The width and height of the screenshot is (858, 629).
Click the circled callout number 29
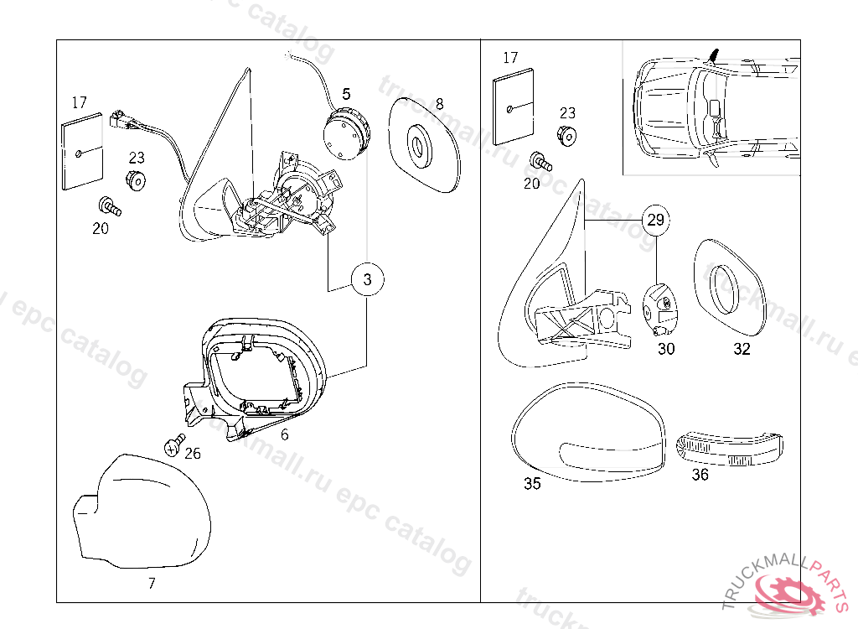tap(656, 220)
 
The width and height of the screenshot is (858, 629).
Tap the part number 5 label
tap(346, 94)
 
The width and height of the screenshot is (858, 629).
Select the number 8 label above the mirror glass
tap(439, 104)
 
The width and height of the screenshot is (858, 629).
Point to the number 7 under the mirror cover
tap(151, 582)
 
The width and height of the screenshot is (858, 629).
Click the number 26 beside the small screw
tap(193, 454)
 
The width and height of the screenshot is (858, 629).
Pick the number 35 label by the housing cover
tap(532, 484)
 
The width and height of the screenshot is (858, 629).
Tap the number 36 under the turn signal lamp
tap(700, 475)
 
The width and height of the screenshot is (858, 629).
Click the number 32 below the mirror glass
tap(742, 349)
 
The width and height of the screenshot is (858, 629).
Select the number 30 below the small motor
tap(665, 349)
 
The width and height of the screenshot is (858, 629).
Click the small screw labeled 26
tap(174, 444)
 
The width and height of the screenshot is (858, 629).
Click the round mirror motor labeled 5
tap(345, 133)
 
